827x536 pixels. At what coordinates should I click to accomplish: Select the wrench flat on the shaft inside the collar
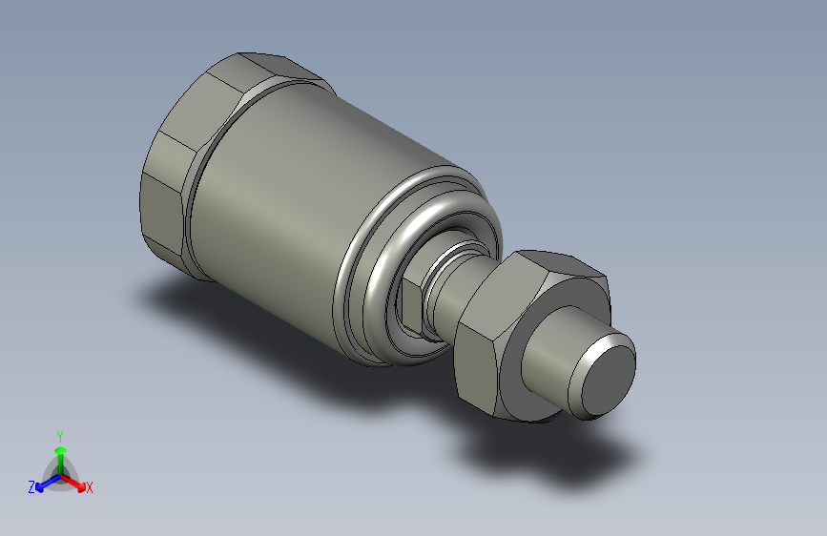click(404, 303)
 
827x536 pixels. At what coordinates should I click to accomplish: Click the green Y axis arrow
click(60, 453)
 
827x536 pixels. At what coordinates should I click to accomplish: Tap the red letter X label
click(90, 487)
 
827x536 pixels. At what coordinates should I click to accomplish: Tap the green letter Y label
click(60, 435)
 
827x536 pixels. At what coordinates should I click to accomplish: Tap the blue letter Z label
click(31, 486)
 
